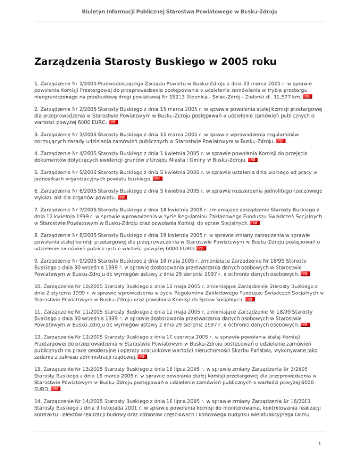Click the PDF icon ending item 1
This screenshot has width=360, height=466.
307,97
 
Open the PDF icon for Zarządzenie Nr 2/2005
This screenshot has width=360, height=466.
113,122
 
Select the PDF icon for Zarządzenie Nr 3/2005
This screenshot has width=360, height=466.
280,140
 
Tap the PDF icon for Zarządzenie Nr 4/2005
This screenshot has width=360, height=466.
253,159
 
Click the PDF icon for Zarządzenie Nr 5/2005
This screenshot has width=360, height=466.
158,178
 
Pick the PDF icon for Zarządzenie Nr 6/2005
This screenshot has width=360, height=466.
122,197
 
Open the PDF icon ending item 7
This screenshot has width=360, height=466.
255,223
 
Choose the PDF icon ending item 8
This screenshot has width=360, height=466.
201,248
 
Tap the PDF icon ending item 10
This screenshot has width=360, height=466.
249,299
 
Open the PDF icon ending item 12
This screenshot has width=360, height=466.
142,356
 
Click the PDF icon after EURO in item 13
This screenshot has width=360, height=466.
55,389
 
